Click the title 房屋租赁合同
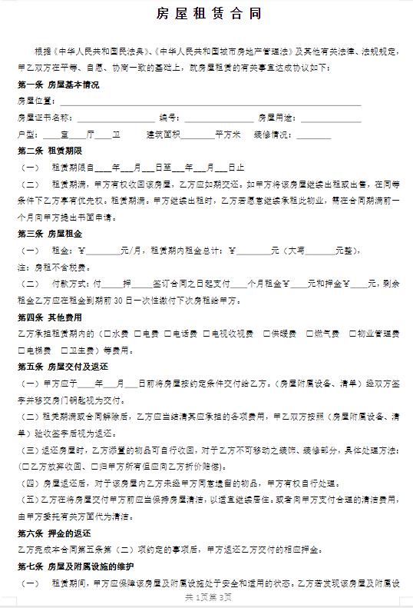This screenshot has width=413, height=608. click(x=206, y=15)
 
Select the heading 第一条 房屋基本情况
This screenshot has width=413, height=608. click(x=58, y=85)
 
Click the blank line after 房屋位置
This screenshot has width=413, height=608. click(x=207, y=101)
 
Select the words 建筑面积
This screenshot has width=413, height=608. click(x=164, y=135)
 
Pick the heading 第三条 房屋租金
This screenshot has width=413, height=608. click(x=51, y=233)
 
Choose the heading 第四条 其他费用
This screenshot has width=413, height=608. click(x=51, y=317)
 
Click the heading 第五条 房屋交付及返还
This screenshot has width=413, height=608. click(x=58, y=367)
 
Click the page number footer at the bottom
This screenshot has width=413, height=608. click(x=206, y=596)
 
